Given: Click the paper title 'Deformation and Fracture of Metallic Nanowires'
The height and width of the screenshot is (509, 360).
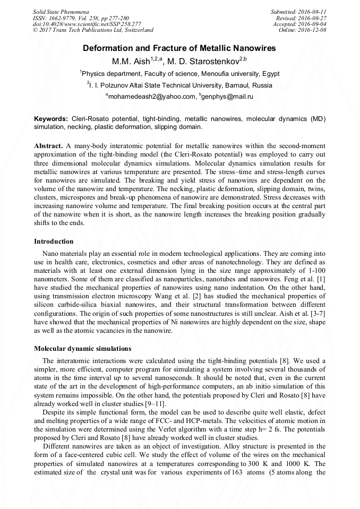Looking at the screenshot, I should pos(179,48).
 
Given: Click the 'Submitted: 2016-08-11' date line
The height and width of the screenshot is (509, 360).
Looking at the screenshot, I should pos(299,12).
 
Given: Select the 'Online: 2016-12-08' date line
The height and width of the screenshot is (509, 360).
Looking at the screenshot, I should pos(303,30).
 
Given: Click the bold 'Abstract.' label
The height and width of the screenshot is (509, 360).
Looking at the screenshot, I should pos(49,145).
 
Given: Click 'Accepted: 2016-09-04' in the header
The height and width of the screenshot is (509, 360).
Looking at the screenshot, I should pos(299,24).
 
